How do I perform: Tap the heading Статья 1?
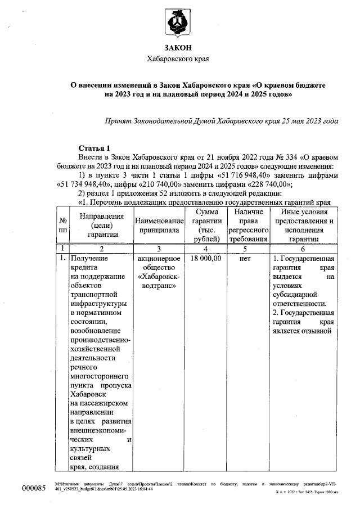(x=90, y=147)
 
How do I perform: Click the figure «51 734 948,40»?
(x=84, y=183)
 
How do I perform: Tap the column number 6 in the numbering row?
(x=304, y=247)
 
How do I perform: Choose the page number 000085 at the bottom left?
(x=33, y=488)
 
